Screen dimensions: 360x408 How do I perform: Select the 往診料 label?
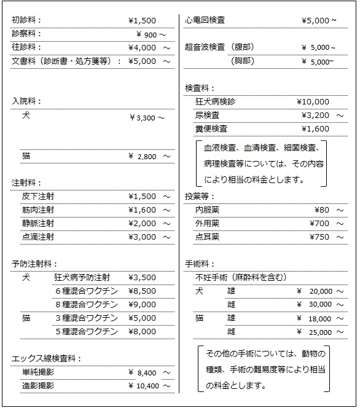26,47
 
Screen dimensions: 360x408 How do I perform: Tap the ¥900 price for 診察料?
150,34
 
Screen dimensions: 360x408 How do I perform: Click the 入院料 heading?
26,101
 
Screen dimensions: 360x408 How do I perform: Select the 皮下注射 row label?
37,197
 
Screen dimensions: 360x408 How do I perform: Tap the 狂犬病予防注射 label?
82,278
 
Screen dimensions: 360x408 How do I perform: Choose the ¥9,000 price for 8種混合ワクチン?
142,305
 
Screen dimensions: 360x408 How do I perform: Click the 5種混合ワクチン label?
86,332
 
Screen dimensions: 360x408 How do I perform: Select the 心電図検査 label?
205,20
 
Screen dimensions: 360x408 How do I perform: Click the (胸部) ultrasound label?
243,61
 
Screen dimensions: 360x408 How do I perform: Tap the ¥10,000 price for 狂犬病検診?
313,102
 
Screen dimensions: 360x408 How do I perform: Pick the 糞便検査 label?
211,129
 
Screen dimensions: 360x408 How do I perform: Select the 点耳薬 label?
207,237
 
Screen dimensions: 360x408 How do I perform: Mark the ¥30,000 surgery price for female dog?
317,304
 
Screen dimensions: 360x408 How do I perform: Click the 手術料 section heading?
200,264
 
